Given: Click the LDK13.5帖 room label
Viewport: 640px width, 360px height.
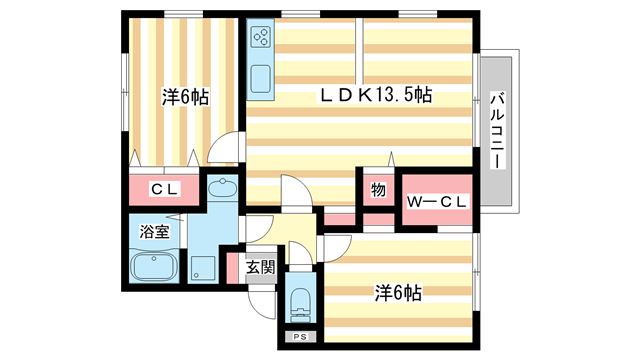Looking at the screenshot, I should [x=375, y=96].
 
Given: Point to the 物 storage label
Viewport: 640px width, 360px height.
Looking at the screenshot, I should [x=378, y=189].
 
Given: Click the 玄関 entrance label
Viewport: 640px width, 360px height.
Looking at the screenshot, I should [x=260, y=267].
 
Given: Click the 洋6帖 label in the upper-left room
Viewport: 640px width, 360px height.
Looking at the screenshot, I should [x=185, y=98].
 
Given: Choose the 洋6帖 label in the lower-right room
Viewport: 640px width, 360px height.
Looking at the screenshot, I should [x=397, y=293].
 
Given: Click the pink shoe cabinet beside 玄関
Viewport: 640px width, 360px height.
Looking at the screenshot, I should [x=233, y=267].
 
